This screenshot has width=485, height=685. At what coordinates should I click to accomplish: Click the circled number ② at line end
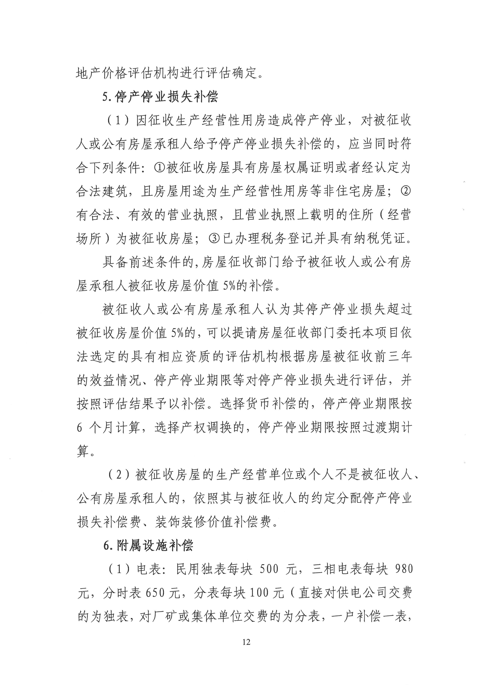(x=405, y=191)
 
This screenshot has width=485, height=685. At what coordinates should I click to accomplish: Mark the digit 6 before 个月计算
(x=79, y=428)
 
